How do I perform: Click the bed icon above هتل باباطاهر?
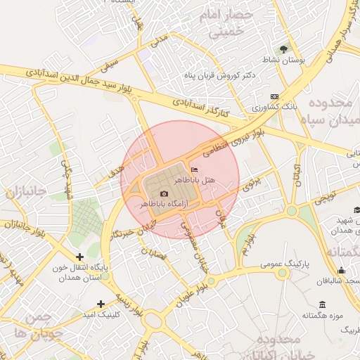point(195,169)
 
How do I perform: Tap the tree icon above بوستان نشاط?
point(283,49)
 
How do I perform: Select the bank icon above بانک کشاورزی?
point(274,97)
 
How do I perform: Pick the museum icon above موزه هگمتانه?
point(322,304)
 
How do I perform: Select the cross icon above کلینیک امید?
point(101,304)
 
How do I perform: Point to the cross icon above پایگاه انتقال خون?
point(79,257)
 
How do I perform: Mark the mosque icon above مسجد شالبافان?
point(342,270)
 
